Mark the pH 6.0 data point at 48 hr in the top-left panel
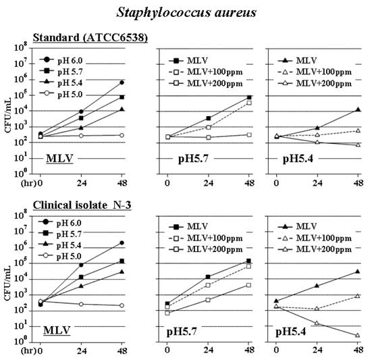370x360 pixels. click(122, 82)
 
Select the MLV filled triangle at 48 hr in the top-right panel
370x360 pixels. click(358, 109)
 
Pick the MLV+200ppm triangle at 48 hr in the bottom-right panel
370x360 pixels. click(358, 335)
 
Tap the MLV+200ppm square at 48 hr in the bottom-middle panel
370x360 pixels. click(249, 285)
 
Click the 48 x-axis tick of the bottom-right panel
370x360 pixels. click(358, 352)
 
